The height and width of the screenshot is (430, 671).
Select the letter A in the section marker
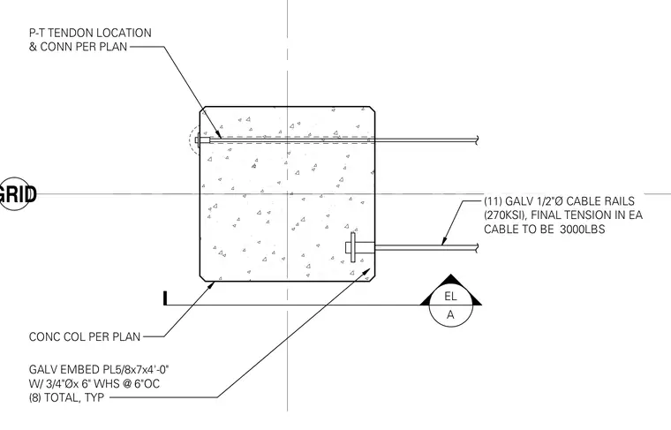[x=450, y=315]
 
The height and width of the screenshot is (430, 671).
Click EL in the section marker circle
[x=450, y=296]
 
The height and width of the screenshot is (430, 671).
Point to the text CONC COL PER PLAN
[x=85, y=336]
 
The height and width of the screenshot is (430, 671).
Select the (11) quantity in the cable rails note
[x=493, y=201]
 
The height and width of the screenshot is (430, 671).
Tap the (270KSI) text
[x=505, y=215]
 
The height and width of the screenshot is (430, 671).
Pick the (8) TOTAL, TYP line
[x=66, y=397]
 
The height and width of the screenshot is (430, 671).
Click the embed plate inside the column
[x=352, y=247]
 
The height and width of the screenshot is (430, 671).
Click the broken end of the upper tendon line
[x=477, y=140]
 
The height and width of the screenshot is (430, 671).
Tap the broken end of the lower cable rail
[x=477, y=248]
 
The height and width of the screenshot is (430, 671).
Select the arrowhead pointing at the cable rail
[x=444, y=241]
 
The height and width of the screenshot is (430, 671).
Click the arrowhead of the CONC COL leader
[x=210, y=285]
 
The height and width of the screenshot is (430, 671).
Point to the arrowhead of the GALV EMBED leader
[x=366, y=273]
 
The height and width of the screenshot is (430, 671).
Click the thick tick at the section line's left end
[x=165, y=298]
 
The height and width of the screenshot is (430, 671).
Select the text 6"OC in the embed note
[x=147, y=383]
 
